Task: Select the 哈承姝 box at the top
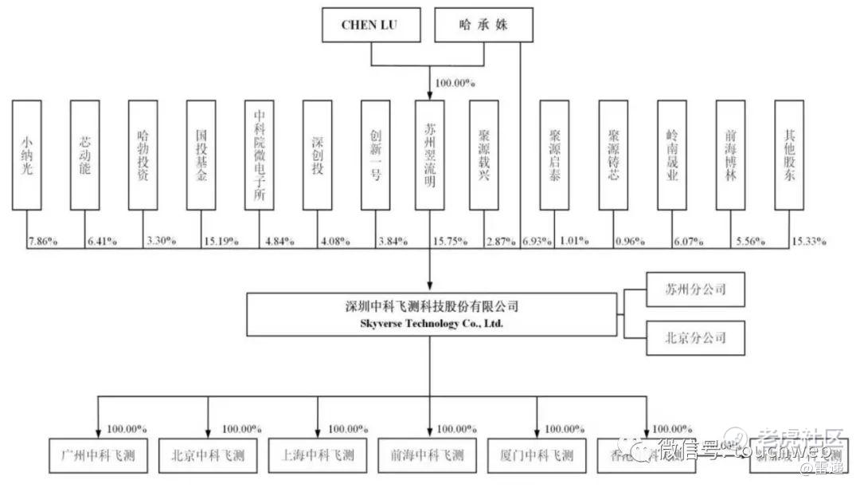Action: [x=483, y=26]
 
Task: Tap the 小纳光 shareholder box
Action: [x=27, y=154]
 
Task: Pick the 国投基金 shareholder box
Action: [x=201, y=154]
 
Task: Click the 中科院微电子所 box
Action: [x=259, y=154]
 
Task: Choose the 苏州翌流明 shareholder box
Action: [x=430, y=154]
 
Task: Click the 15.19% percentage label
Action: [x=221, y=241]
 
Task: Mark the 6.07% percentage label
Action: [x=690, y=241]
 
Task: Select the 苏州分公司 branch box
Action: [x=695, y=289]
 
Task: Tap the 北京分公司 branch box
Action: [x=695, y=338]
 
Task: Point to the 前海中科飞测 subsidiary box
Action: [x=427, y=456]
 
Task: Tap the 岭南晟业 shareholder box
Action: [x=672, y=154]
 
